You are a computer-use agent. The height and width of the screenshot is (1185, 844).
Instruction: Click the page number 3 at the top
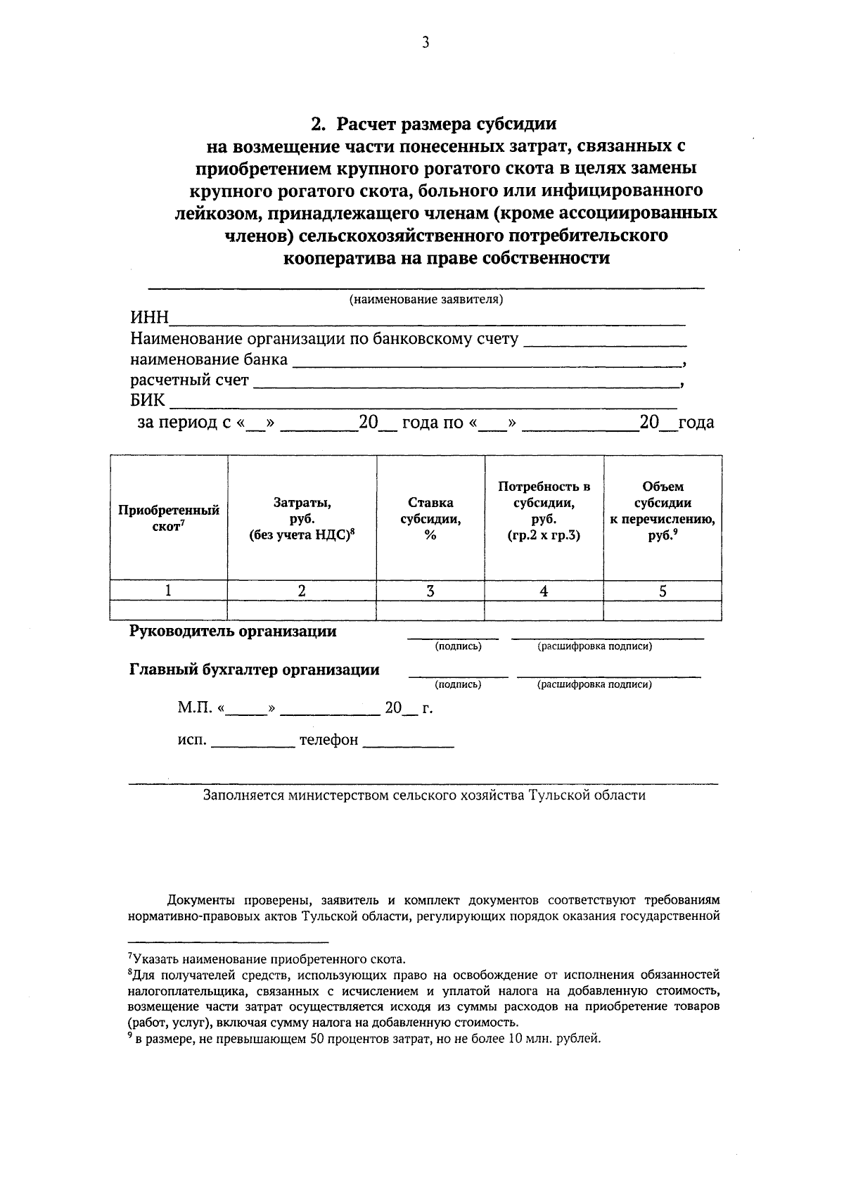[425, 43]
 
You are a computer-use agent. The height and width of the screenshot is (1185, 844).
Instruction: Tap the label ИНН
[149, 319]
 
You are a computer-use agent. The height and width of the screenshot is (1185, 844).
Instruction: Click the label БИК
[147, 401]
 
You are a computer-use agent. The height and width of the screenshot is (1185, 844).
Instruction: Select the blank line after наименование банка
[486, 361]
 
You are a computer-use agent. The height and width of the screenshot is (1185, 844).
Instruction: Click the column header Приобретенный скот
[169, 518]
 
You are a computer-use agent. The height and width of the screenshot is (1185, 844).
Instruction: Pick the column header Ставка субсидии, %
[430, 518]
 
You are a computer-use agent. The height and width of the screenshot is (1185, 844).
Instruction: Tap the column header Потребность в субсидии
[544, 511]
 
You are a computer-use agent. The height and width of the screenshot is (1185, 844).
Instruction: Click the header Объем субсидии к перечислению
[663, 511]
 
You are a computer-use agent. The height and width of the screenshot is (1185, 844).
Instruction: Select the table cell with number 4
[544, 591]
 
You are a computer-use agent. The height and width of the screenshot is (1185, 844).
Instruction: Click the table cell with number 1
[169, 591]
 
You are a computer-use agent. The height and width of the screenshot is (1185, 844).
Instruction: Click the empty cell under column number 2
[302, 610]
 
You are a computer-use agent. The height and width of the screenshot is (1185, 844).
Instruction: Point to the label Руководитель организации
[233, 632]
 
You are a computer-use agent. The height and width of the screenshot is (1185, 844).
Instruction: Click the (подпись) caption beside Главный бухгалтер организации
[458, 684]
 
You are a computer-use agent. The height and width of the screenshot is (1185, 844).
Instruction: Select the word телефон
[328, 741]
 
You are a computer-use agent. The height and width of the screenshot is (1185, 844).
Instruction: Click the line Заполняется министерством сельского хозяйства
[424, 795]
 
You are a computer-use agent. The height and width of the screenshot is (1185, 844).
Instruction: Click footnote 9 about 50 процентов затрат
[366, 1039]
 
